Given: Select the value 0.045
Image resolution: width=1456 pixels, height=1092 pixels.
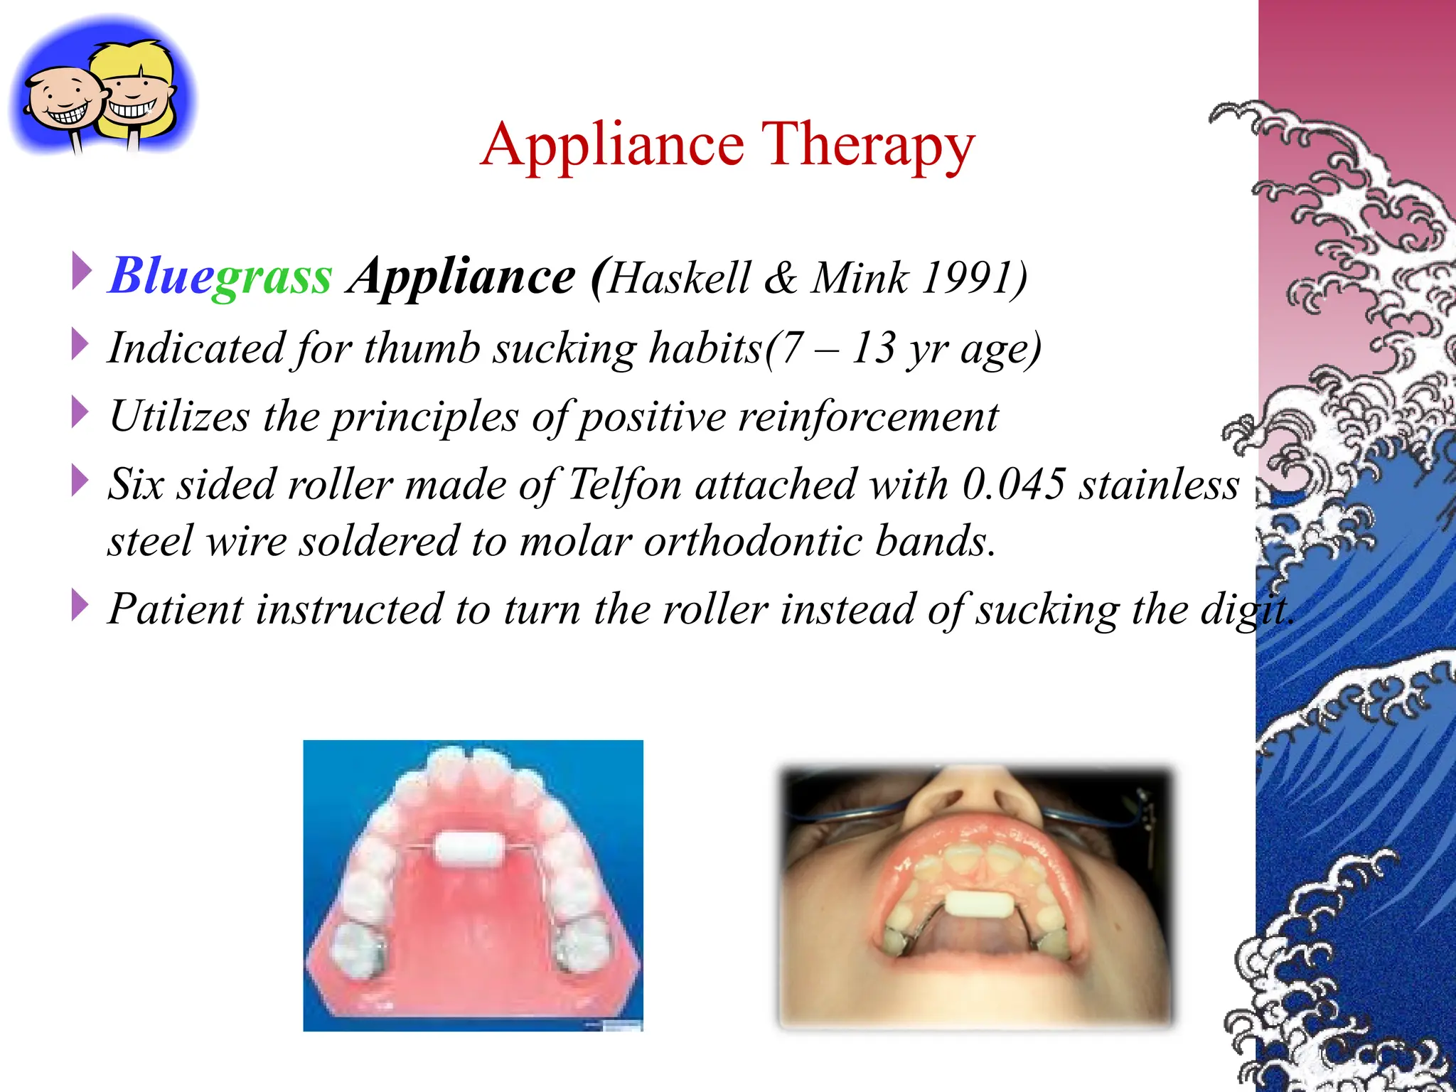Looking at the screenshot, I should tap(1014, 485).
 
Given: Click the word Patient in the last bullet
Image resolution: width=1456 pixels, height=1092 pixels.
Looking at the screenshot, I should tap(175, 609).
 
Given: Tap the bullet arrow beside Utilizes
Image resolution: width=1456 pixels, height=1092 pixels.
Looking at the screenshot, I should tap(80, 414).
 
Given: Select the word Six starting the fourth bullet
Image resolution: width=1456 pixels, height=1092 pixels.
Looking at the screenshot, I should tap(136, 485).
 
